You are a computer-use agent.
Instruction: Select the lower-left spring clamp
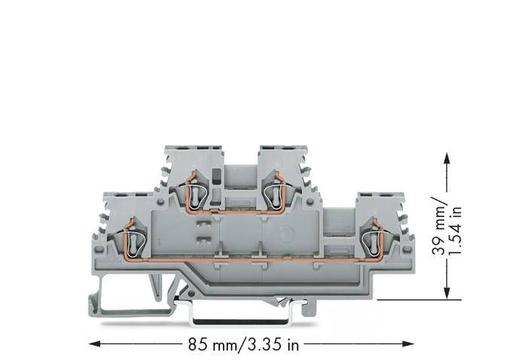[x=133, y=239]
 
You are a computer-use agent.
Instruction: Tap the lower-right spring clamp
[x=370, y=239]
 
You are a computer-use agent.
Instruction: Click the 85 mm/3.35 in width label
[x=243, y=346]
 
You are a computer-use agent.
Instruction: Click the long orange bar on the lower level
[x=248, y=257]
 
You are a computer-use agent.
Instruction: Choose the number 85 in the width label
[x=196, y=346]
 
